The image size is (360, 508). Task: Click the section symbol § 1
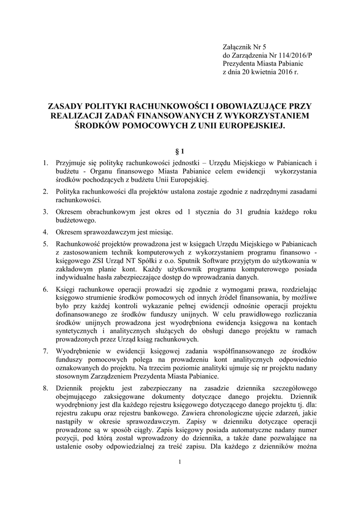pyautogui.click(x=180, y=150)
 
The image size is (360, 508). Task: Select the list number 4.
pyautogui.click(x=45, y=232)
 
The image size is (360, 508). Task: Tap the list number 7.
pyautogui.click(x=45, y=352)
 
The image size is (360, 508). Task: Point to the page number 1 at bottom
pyautogui.click(x=180, y=463)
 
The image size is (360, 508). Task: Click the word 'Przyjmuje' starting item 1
pyautogui.click(x=72, y=163)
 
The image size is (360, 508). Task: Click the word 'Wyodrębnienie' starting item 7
pyautogui.click(x=80, y=352)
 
